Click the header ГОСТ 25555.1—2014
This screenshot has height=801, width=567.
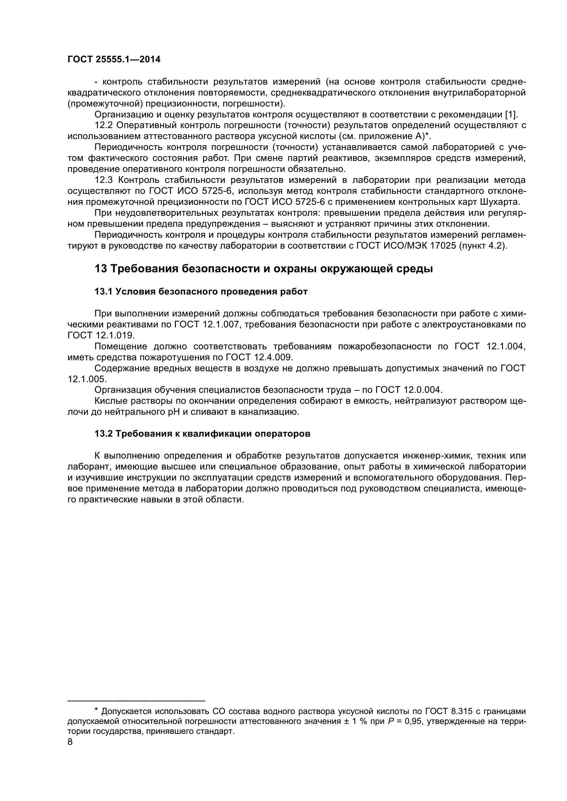pos(114,60)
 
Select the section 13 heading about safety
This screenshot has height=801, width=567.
pos(264,269)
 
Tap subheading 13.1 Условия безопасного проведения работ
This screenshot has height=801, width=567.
pos(201,292)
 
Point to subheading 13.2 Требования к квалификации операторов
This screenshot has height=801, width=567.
pos(203,434)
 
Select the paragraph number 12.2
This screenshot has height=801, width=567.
pos(104,125)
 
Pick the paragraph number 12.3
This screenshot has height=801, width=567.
pos(104,180)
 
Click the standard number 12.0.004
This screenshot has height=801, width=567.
pos(423,390)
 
